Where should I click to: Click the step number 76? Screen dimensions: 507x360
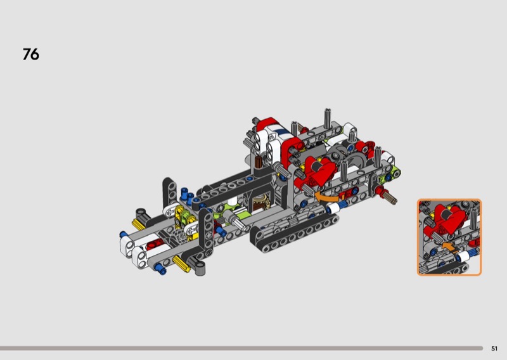pos(31,54)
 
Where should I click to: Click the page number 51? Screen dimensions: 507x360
pos(494,349)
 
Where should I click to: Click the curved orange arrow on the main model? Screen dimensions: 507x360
pos(326,196)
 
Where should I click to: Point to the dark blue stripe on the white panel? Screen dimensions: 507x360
pos(282,131)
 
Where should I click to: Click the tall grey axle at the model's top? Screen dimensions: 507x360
pos(328,119)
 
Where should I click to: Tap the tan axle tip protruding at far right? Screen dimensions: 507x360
pos(392,198)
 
